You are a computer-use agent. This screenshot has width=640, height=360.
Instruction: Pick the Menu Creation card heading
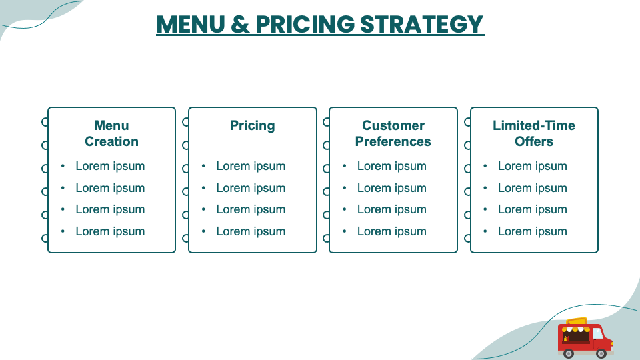coord(111,133)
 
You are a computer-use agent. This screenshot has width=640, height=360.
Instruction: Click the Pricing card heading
coord(252,125)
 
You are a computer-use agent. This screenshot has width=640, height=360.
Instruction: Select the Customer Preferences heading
coord(393,133)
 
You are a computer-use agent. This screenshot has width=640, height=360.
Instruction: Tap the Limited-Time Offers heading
coord(533,133)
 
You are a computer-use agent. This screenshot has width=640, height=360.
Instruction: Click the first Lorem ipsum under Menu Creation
coord(110,166)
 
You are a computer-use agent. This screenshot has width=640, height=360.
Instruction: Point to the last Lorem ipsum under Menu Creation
coord(110,231)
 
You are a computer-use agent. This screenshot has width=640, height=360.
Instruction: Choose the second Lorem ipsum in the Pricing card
coord(251,188)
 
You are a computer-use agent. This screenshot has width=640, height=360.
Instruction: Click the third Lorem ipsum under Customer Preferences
coord(391,209)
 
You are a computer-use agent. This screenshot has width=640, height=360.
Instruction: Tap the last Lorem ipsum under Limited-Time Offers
coord(532,231)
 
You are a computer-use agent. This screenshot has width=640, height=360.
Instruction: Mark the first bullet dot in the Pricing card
coord(203,166)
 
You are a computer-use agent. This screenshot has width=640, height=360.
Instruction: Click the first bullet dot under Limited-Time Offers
coord(485,166)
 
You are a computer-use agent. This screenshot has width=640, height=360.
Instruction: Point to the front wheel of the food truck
coord(601,353)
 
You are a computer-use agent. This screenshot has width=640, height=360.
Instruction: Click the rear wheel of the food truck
coord(569,353)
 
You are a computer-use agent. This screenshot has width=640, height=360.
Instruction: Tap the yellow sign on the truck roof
coord(577,323)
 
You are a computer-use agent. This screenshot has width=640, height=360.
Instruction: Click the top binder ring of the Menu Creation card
coord(45,122)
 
